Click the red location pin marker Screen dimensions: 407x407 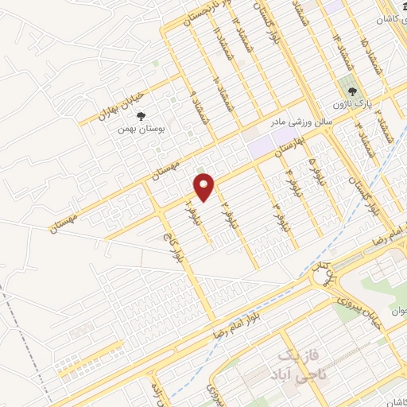point(204,186)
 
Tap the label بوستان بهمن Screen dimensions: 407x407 point(140,128)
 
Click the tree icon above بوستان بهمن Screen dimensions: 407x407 point(141,116)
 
